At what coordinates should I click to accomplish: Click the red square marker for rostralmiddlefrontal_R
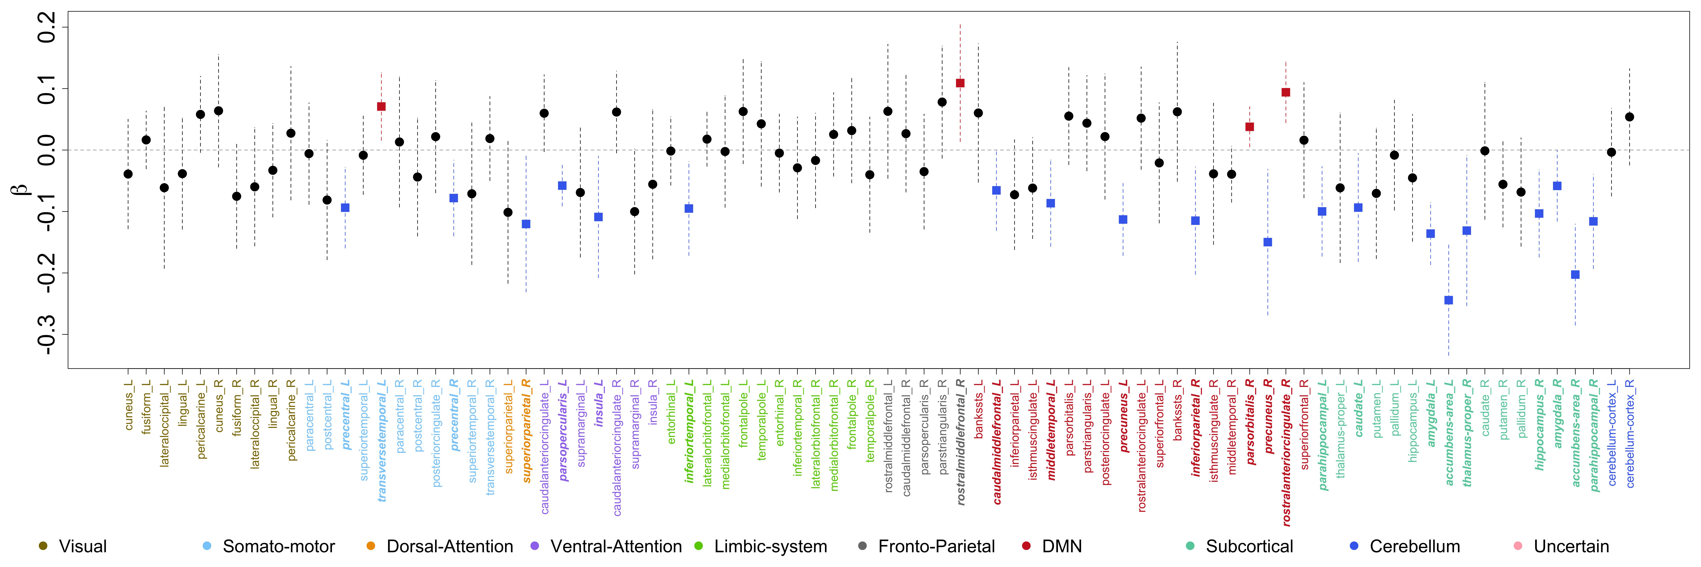point(960,83)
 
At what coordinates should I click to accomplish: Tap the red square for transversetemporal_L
point(381,106)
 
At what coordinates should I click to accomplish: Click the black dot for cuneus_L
point(128,174)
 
